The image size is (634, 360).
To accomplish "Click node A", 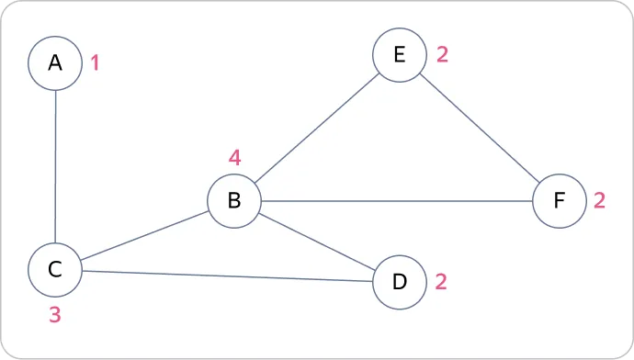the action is (x=55, y=63).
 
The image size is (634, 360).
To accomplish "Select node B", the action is (x=234, y=201).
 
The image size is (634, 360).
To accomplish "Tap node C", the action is (x=55, y=269).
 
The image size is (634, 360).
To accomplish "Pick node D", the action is (x=400, y=282).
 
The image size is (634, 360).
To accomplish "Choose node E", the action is (x=400, y=55).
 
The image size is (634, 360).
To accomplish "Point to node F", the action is (x=560, y=201).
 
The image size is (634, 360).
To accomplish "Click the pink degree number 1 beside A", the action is (x=95, y=63).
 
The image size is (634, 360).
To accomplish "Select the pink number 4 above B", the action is (x=235, y=158).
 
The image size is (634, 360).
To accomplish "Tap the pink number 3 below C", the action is (x=55, y=314).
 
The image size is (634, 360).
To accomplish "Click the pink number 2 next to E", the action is (x=442, y=54).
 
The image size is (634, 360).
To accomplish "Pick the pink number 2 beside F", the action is (x=599, y=200).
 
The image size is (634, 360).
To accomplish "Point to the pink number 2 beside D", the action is (x=441, y=282).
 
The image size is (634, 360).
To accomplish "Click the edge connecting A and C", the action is (x=55, y=166).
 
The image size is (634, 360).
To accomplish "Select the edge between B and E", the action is (x=317, y=128).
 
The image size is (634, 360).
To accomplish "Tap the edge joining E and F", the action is (x=480, y=128).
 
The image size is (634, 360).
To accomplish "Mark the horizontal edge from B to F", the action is (x=397, y=201).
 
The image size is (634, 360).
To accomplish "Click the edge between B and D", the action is (x=317, y=242).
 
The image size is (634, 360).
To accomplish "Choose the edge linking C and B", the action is (x=145, y=235).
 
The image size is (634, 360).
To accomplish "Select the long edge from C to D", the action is (x=227, y=276).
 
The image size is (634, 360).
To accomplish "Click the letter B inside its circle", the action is (x=234, y=200).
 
